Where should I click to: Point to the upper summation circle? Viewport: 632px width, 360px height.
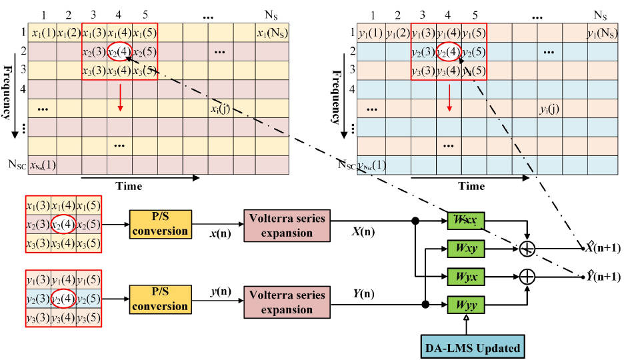pos(527,249)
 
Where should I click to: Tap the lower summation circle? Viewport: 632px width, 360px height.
pos(527,276)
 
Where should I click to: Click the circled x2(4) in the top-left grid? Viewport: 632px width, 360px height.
pos(119,52)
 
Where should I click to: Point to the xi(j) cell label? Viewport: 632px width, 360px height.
pos(219,108)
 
